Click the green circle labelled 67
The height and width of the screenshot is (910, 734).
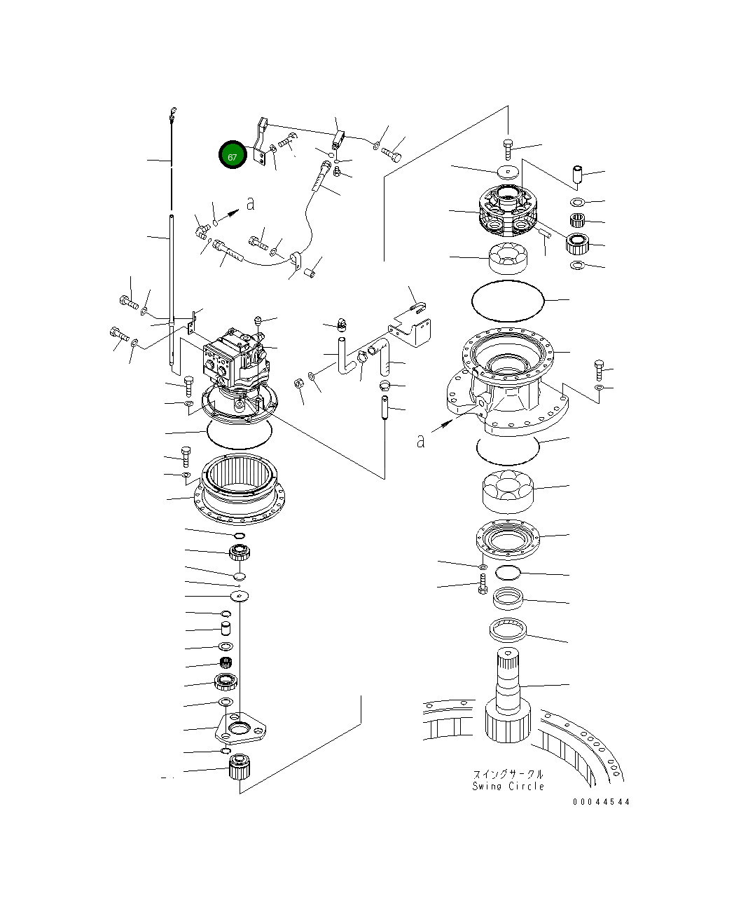tap(232, 156)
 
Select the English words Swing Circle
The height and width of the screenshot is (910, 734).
tap(508, 786)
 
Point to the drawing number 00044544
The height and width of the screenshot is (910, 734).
tap(600, 802)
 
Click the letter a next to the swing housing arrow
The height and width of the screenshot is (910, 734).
tap(420, 441)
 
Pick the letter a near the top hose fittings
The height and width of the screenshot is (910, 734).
tap(250, 204)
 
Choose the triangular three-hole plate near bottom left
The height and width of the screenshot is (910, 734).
tap(240, 731)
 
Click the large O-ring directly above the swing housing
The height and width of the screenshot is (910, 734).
tap(508, 301)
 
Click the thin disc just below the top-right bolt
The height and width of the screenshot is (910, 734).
tap(508, 170)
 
